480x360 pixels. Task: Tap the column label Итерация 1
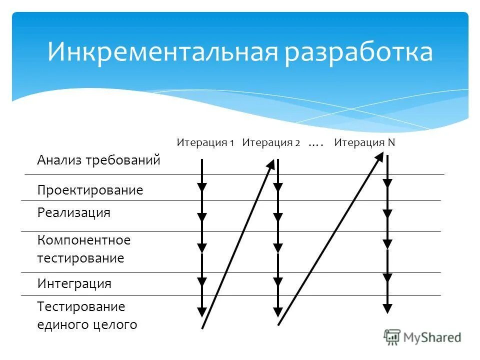(205, 142)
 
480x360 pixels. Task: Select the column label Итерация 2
(271, 142)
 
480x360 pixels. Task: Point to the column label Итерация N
(364, 142)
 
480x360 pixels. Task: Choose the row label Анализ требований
(98, 160)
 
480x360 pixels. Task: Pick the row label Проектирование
(90, 190)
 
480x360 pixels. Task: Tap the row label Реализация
(73, 212)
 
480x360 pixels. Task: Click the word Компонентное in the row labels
(83, 240)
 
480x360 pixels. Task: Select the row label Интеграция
(74, 284)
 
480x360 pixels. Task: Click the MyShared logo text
(432, 337)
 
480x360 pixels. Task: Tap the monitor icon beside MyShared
(392, 337)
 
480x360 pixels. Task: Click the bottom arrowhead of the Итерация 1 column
(202, 312)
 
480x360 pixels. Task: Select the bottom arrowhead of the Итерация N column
(387, 308)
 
